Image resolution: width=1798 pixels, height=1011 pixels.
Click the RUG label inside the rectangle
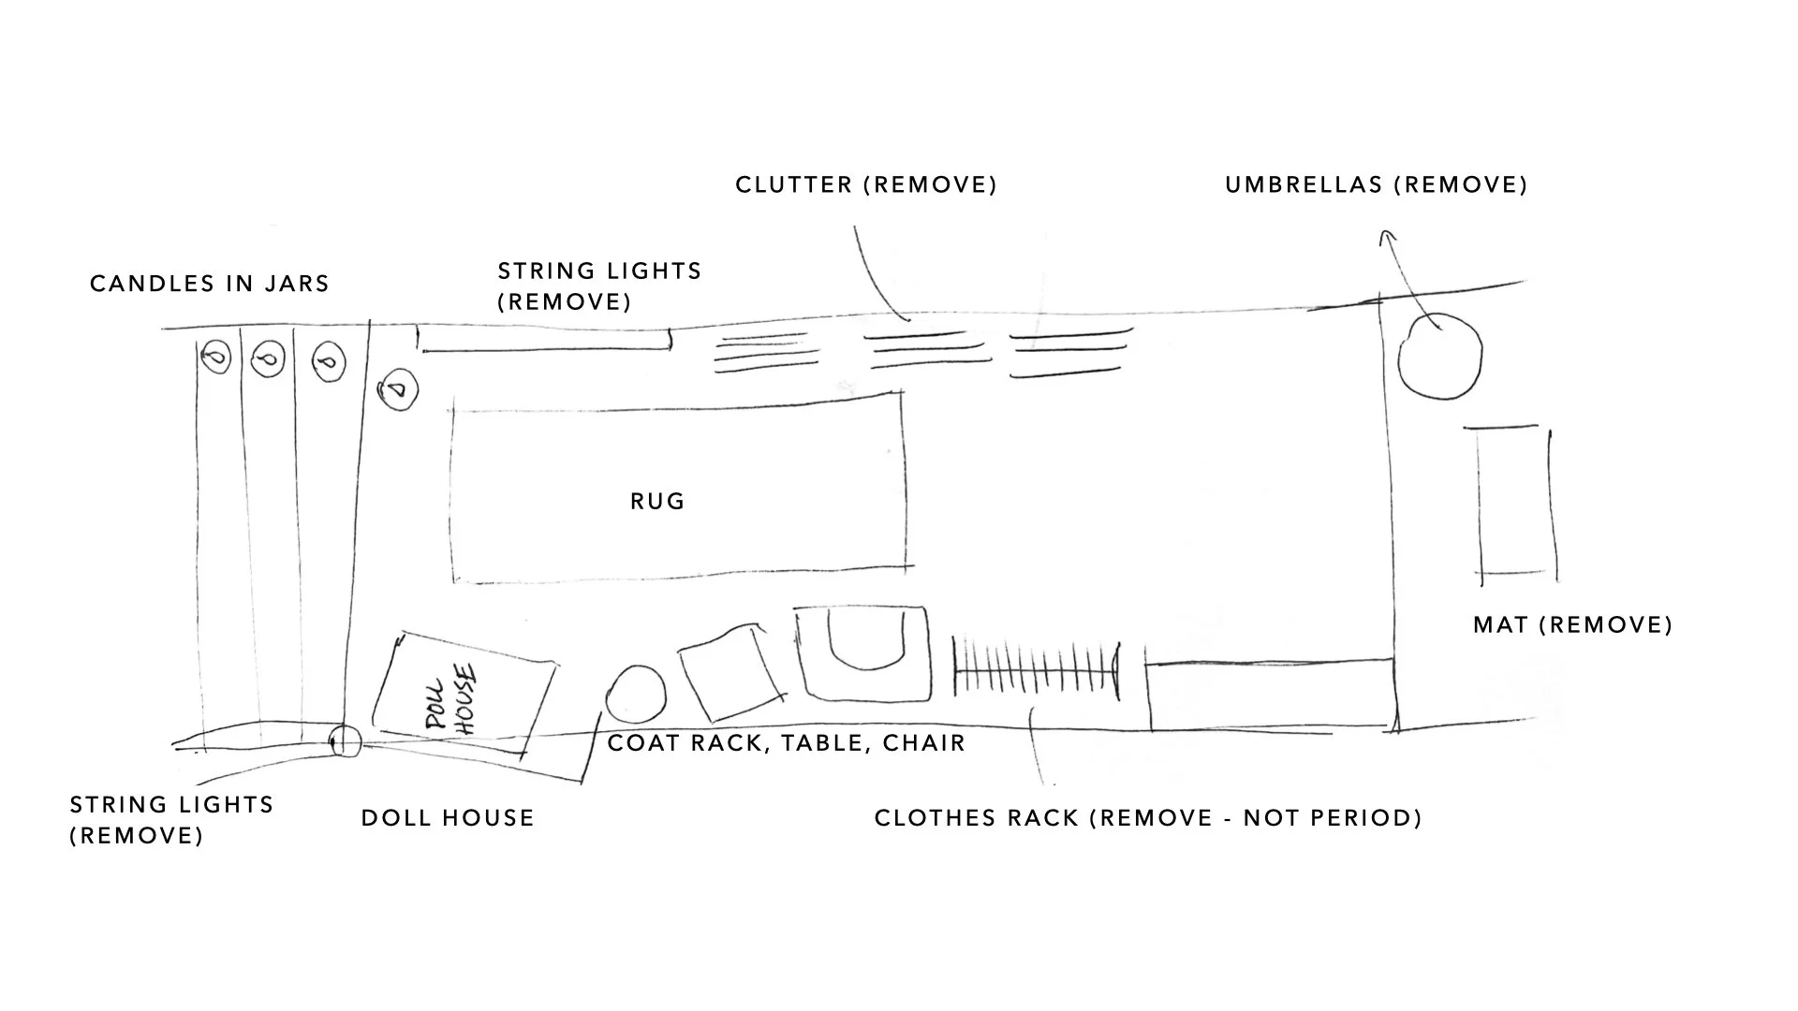coord(657,502)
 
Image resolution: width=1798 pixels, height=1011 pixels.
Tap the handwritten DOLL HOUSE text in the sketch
coord(451,698)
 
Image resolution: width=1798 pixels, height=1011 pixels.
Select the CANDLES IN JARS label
coord(210,284)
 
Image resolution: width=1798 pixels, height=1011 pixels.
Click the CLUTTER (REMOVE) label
coord(866,184)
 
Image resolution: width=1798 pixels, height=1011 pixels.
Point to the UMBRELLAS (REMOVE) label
coord(1377,184)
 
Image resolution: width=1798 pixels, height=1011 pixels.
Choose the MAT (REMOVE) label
coord(1573,624)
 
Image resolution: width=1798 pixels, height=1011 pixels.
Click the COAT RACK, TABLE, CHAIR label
coord(787,743)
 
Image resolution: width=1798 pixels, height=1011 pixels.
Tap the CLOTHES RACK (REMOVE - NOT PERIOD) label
coord(1148,818)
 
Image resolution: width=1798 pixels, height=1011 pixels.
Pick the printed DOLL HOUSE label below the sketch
coord(448,818)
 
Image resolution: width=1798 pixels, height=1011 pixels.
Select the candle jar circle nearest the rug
coord(397,388)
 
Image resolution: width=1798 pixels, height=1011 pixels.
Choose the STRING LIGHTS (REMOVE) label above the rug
coord(599,286)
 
